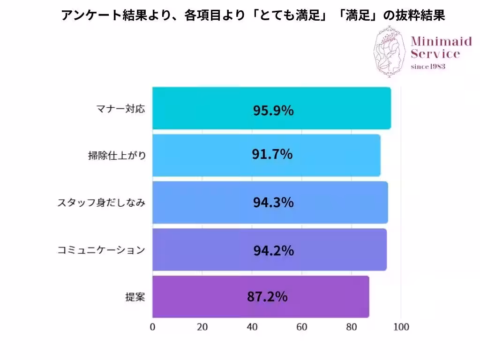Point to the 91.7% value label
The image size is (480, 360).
pyautogui.click(x=272, y=154)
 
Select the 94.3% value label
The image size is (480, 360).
pyautogui.click(x=273, y=202)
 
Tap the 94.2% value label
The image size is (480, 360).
pyautogui.click(x=274, y=251)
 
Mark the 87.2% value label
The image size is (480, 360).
pyautogui.click(x=267, y=297)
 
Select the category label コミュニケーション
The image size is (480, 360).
pyautogui.click(x=101, y=250)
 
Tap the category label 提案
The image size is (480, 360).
pyautogui.click(x=135, y=297)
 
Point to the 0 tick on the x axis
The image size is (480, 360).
pyautogui.click(x=152, y=327)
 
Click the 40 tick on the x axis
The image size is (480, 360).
pyautogui.click(x=252, y=327)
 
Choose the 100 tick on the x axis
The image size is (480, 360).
pyautogui.click(x=401, y=327)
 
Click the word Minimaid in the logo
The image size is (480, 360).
pyautogui.click(x=441, y=42)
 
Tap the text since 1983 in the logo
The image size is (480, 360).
pyautogui.click(x=427, y=66)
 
